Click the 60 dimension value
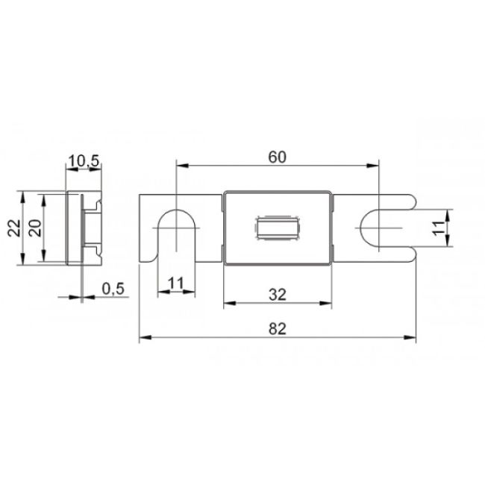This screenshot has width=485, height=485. (x=278, y=157)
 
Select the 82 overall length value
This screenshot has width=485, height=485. (x=278, y=329)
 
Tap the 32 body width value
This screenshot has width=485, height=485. (x=278, y=294)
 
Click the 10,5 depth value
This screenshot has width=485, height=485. (x=84, y=160)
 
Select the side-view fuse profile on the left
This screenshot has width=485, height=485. (x=83, y=228)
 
